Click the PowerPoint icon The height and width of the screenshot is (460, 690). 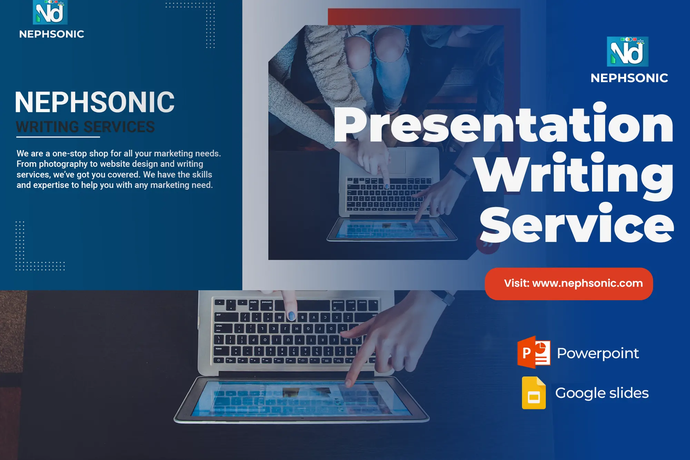(x=534, y=352)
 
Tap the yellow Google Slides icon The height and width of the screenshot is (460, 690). (x=534, y=393)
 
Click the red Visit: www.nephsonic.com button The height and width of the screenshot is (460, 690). (x=569, y=284)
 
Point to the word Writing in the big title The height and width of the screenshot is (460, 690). (x=574, y=175)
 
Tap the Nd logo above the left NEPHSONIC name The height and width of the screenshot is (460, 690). (x=50, y=12)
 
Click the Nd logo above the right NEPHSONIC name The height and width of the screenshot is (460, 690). (x=628, y=51)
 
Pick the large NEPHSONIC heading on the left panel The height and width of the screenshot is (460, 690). (x=95, y=102)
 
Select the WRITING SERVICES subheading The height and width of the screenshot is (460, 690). (x=85, y=127)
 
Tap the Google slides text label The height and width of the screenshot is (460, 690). (x=602, y=393)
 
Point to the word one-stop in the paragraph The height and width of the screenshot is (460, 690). (x=70, y=153)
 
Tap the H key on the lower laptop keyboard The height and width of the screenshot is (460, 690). (x=296, y=329)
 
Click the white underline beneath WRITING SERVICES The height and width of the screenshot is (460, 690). (x=58, y=137)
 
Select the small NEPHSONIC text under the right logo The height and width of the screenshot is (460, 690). (x=629, y=78)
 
